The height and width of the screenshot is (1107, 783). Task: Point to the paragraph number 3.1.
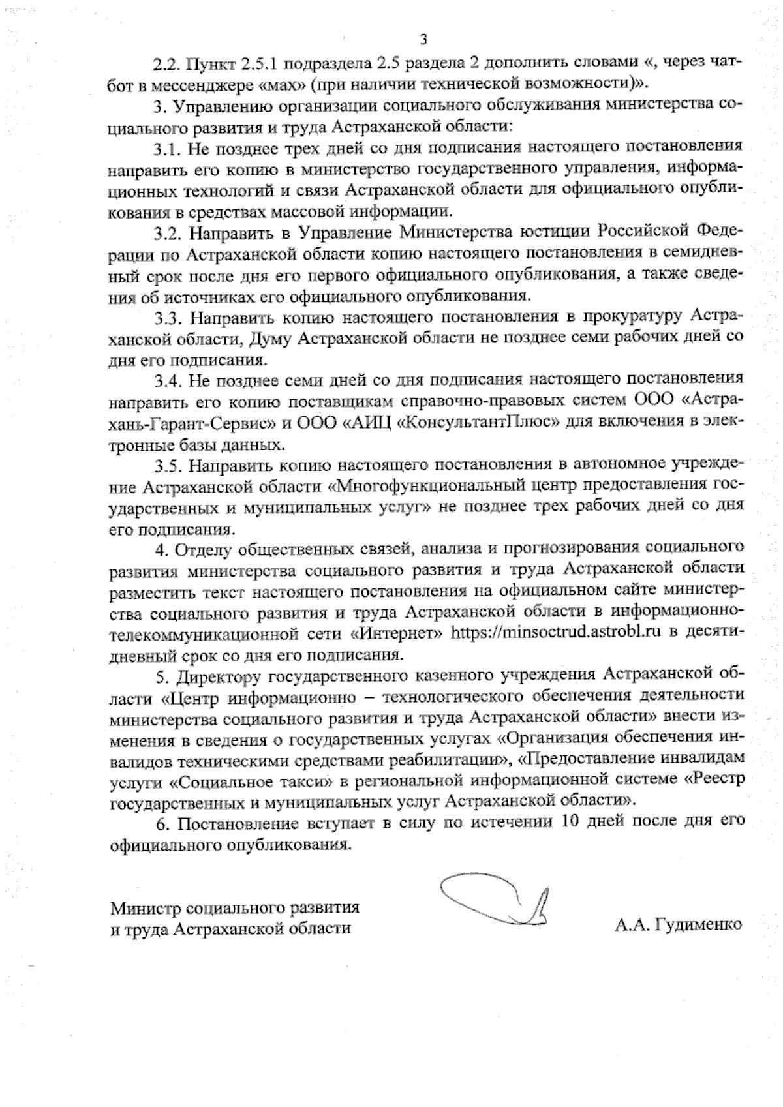click(x=168, y=148)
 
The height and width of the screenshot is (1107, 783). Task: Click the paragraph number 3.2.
click(x=168, y=233)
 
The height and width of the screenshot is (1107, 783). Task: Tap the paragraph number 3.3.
click(x=168, y=318)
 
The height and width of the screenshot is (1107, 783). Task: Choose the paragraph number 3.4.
click(x=168, y=380)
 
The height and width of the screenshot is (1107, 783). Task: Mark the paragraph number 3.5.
click(x=168, y=465)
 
